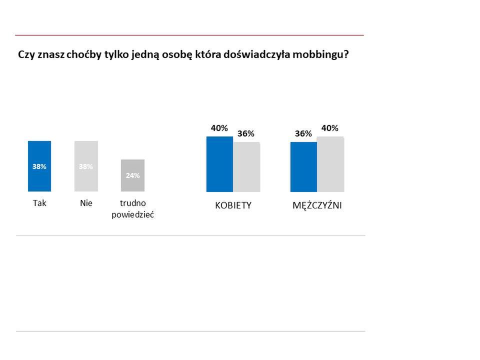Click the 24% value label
coord(132,175)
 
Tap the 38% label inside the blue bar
coord(39,166)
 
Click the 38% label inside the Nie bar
coord(86,166)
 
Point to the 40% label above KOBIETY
coord(219,128)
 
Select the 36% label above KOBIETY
coord(246,133)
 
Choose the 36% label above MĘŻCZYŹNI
coord(303,133)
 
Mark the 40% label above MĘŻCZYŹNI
coord(330,128)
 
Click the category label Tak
coord(39,204)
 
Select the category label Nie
coord(86,204)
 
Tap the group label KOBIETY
coord(233,206)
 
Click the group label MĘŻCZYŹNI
coord(317,206)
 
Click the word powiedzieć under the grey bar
coord(132,214)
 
